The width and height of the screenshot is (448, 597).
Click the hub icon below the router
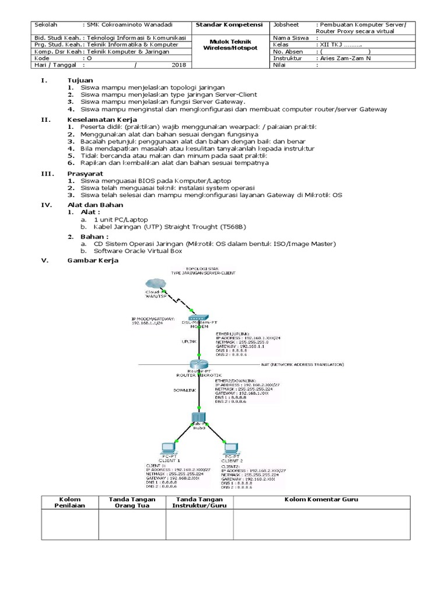199,417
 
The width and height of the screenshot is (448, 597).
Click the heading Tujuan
80,79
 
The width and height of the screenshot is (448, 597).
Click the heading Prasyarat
83,173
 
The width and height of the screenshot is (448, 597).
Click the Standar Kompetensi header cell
229,25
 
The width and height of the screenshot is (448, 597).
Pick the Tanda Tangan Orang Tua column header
132,503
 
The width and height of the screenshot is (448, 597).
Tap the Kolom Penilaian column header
69,503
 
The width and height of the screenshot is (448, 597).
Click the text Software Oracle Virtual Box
138,251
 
